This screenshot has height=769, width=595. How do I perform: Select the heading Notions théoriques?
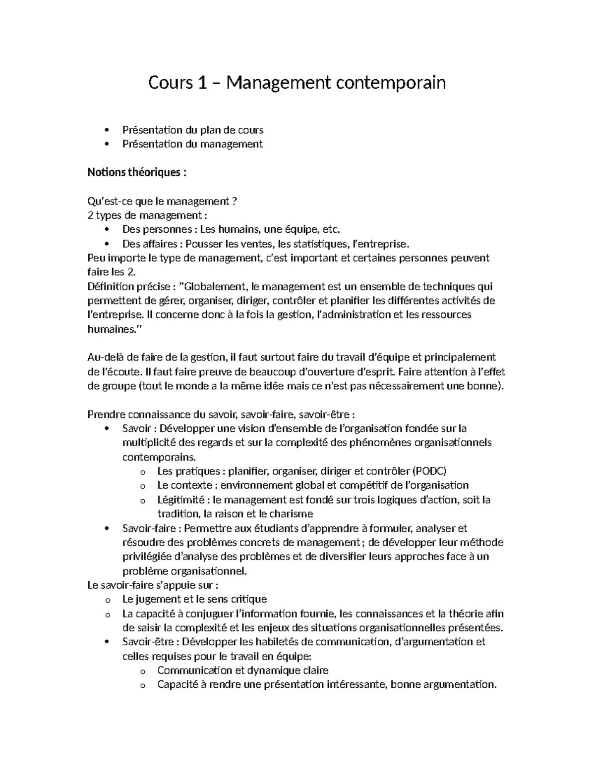tap(137, 172)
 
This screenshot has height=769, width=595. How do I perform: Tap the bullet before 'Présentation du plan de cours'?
tap(107, 130)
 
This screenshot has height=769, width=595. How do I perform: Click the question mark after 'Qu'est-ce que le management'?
tap(234, 201)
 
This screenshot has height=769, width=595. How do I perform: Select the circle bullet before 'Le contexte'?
tap(143, 486)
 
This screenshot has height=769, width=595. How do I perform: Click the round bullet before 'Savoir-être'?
tap(107, 642)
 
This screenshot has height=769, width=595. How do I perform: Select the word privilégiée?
tap(147, 557)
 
